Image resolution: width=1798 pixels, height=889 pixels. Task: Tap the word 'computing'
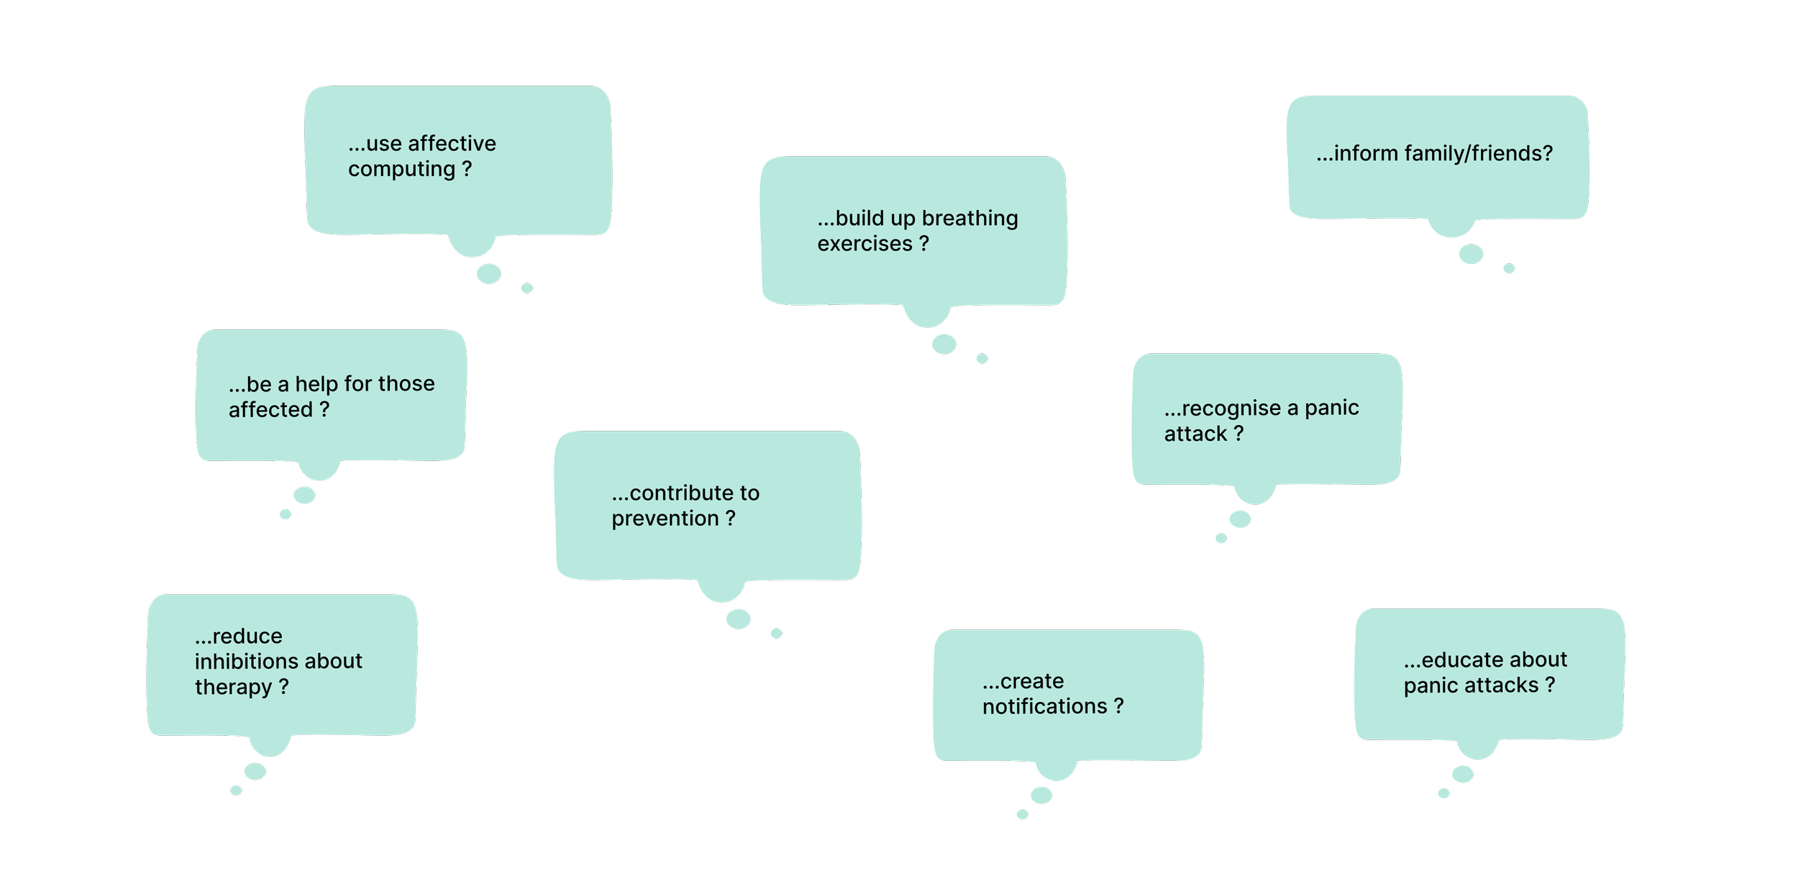click(x=401, y=170)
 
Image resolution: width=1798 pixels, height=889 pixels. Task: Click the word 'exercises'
click(x=864, y=245)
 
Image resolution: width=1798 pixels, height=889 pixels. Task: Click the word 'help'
click(x=316, y=384)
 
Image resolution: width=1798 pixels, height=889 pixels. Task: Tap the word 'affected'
click(x=270, y=410)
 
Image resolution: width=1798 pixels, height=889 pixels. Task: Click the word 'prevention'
click(x=665, y=519)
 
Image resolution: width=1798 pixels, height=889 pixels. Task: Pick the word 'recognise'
click(x=1231, y=409)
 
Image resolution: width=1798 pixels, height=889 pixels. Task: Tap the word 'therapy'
click(x=233, y=688)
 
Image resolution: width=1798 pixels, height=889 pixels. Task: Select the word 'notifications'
click(x=1044, y=707)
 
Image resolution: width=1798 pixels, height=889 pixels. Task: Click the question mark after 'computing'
click(x=467, y=169)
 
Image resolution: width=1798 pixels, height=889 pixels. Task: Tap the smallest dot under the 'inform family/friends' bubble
click(x=1509, y=268)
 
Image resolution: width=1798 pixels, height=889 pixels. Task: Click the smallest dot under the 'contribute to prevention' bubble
click(x=776, y=634)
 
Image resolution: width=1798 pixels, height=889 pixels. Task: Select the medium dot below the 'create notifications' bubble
click(x=1041, y=795)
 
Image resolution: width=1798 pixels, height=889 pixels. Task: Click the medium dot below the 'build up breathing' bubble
click(x=944, y=345)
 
